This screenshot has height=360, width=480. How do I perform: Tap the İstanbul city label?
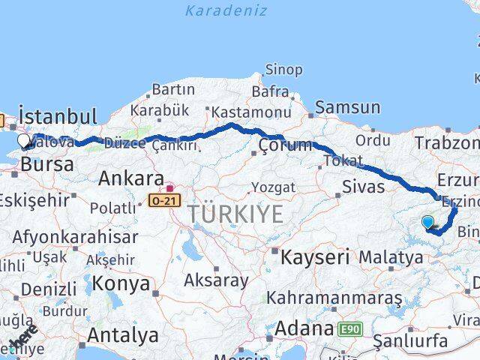click(58, 117)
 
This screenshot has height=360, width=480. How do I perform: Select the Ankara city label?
click(130, 179)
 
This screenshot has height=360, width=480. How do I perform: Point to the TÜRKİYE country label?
click(235, 214)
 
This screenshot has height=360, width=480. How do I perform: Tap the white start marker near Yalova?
click(23, 140)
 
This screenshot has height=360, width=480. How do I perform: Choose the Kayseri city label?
click(315, 258)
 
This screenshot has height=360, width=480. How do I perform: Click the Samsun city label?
click(347, 107)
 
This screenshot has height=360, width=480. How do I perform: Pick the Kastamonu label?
click(250, 112)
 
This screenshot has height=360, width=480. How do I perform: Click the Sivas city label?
click(362, 186)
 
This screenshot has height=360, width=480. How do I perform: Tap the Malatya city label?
click(390, 257)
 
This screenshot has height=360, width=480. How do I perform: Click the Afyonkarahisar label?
click(69, 238)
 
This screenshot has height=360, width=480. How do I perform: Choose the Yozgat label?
click(268, 186)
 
